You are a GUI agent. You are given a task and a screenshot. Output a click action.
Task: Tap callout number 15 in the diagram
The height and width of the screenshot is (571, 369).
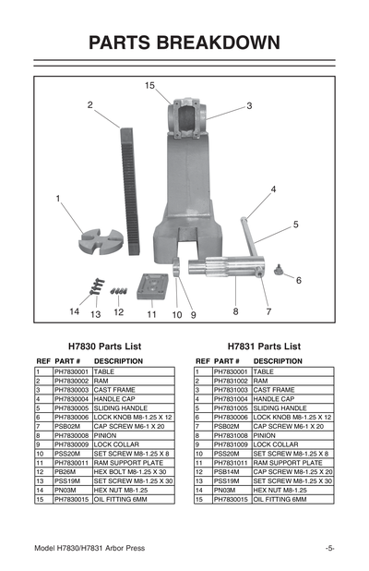point(149,85)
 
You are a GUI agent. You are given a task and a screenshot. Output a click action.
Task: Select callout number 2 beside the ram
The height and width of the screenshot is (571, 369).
point(90,105)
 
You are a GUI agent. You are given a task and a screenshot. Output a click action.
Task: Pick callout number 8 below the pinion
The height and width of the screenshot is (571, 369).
point(235,312)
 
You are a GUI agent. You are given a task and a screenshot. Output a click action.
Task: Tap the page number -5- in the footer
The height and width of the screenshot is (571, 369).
point(329,548)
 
